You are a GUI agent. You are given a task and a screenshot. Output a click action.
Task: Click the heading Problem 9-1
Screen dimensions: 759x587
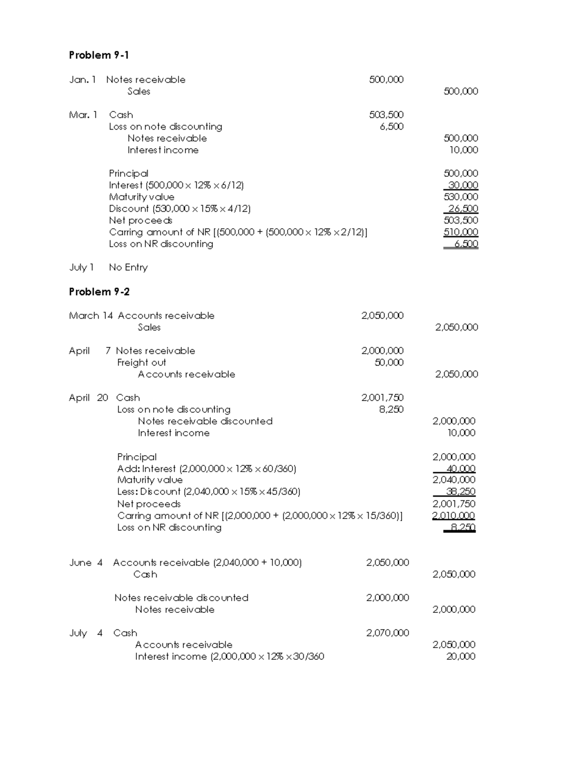[x=99, y=55]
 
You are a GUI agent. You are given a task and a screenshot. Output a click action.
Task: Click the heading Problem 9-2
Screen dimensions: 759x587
[x=99, y=292]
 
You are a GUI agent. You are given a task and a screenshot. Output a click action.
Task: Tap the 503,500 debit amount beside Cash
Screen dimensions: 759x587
[x=386, y=115]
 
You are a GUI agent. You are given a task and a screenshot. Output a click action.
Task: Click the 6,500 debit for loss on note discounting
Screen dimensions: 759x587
[x=391, y=127]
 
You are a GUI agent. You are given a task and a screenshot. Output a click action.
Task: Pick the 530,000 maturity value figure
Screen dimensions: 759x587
[x=460, y=197]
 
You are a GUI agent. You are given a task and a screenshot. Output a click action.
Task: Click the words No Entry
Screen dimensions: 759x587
[x=128, y=267]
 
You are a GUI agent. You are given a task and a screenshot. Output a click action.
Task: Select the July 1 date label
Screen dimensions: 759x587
[x=81, y=267]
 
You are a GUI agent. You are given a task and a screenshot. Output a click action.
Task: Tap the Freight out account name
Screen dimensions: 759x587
[x=141, y=363]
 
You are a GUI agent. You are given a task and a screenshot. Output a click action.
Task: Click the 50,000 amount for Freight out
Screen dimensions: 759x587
[x=389, y=363]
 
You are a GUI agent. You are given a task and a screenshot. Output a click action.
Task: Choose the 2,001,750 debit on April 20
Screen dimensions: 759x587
[x=382, y=398]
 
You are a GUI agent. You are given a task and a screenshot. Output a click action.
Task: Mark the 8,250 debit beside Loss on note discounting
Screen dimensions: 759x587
[x=391, y=410]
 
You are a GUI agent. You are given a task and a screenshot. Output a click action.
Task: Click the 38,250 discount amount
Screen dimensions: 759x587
[x=460, y=492]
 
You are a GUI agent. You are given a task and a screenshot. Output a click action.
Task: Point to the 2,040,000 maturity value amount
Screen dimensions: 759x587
[x=453, y=480]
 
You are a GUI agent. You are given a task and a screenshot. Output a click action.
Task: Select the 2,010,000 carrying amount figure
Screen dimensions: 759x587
[x=453, y=516]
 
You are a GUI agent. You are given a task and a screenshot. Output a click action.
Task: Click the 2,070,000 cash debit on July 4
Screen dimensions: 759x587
[x=387, y=633]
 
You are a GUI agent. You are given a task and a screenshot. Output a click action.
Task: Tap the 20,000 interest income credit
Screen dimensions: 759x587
[x=460, y=656]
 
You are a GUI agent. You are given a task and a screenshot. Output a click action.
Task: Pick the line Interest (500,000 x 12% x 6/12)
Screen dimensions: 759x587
[x=176, y=185]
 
